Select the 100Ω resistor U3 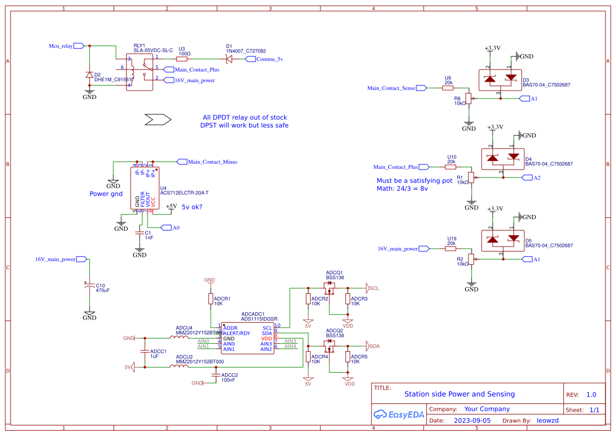[x=184, y=59]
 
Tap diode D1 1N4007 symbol [x=229, y=59]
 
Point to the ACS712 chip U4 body [x=144, y=189]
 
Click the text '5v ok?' [x=192, y=207]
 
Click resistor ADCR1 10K [x=211, y=299]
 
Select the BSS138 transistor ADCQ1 [x=330, y=288]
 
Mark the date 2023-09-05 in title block [x=472, y=421]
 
